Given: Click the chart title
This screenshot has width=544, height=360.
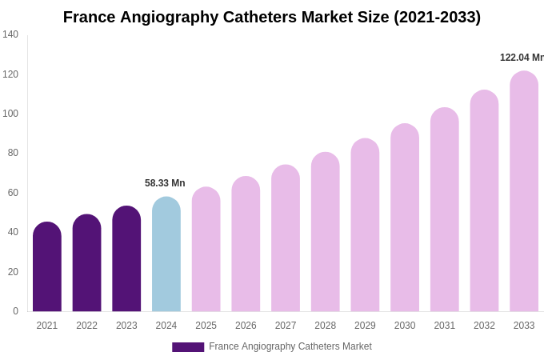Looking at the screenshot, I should click(272, 17).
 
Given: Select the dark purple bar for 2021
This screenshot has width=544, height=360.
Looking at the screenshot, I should click(47, 267).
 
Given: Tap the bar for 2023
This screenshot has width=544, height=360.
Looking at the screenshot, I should click(126, 259).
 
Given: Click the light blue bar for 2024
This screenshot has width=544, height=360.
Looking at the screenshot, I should click(166, 254).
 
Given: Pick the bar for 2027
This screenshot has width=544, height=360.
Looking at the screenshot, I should click(286, 238).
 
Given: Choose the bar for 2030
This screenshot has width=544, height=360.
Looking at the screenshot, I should click(405, 218).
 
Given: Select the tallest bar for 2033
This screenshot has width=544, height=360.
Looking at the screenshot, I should click(524, 192).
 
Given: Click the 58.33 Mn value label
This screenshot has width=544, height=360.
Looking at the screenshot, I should click(165, 183).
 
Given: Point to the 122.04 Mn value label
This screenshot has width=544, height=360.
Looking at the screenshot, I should click(522, 58).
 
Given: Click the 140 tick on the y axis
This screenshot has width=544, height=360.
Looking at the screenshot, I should click(10, 34).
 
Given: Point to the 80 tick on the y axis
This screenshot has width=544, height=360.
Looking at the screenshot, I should click(13, 153).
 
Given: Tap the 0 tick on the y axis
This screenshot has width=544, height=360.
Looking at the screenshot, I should click(15, 311).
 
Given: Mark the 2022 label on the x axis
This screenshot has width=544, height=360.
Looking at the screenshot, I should click(87, 326).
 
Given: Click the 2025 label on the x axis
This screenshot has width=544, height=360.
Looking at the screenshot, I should click(206, 326).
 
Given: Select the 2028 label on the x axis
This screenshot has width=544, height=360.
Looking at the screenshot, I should click(326, 326).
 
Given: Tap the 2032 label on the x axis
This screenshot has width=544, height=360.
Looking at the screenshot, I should click(484, 326).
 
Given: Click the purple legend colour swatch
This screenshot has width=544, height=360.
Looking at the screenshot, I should click(188, 347).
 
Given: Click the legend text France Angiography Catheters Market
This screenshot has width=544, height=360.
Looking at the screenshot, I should click(290, 346).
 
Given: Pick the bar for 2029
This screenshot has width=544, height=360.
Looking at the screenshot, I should click(365, 226).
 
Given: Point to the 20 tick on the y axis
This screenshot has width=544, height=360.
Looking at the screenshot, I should click(13, 272).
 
